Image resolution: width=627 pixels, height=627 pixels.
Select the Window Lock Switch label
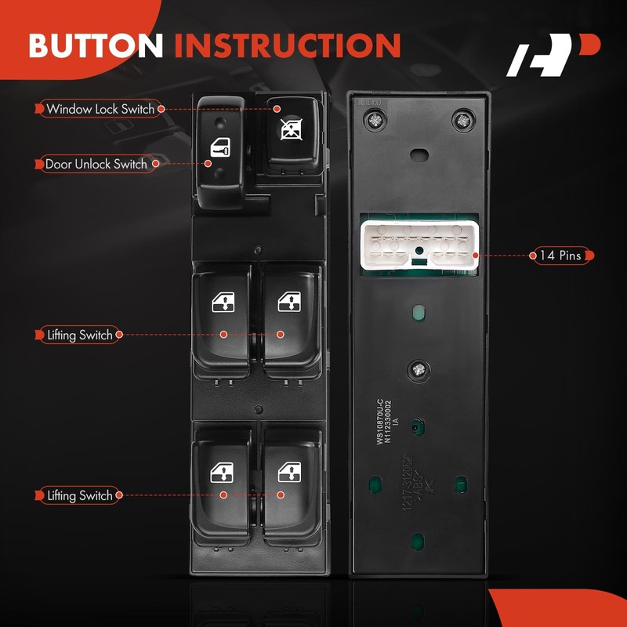100,109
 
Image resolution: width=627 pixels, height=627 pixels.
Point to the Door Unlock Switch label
96,164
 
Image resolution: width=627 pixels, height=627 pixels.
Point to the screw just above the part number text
419,368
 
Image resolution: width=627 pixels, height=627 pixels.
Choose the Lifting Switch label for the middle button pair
79,335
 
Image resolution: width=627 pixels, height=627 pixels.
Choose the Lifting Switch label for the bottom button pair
79,495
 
